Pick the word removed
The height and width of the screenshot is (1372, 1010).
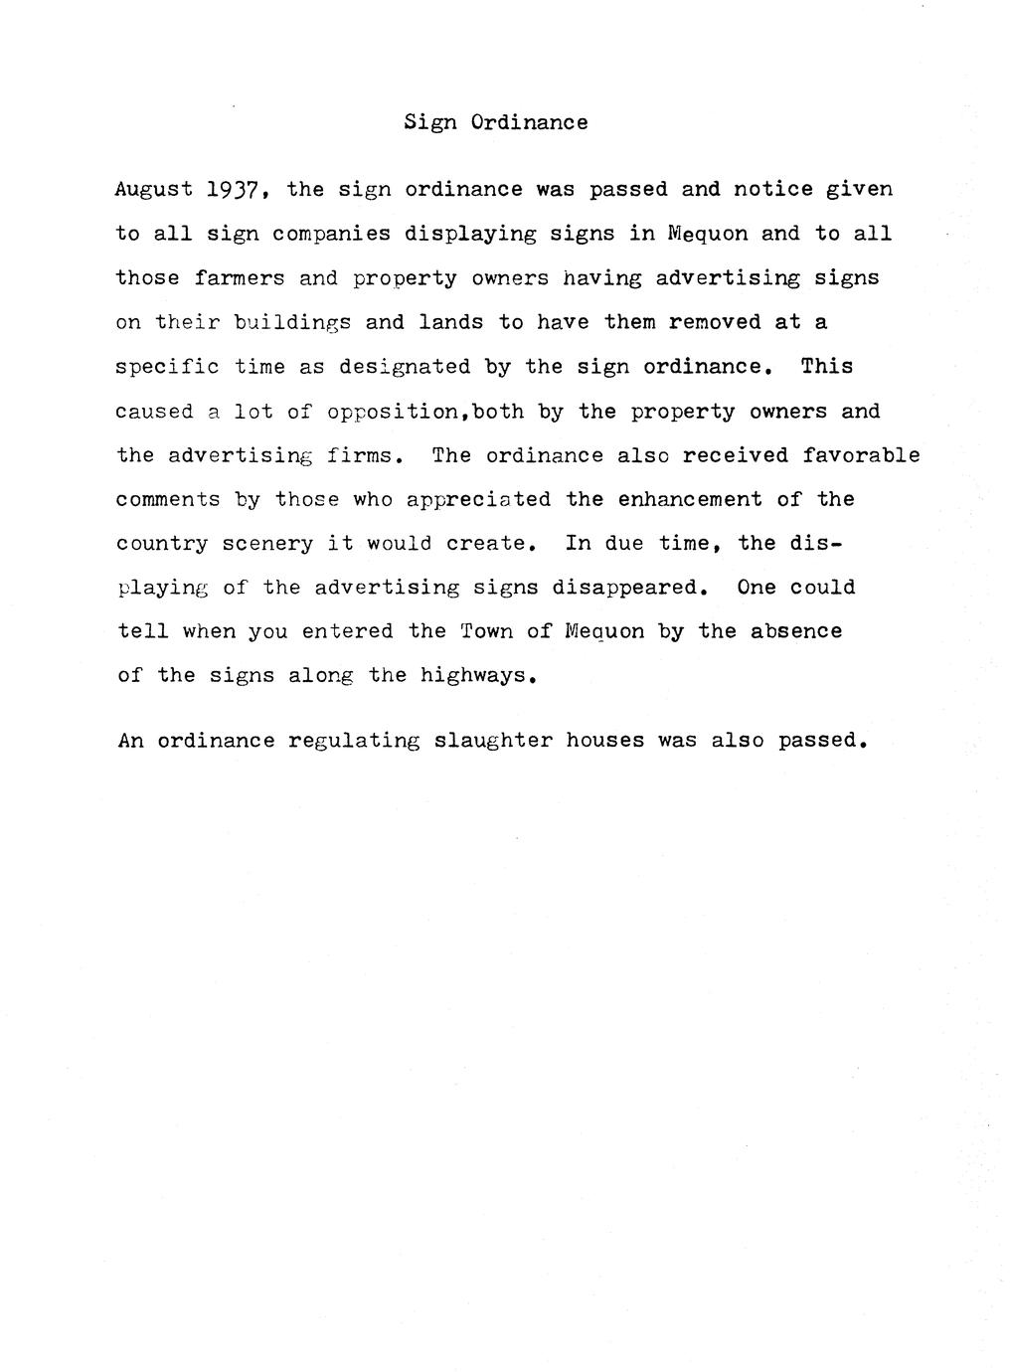(x=715, y=322)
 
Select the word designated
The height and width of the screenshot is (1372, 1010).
(x=405, y=367)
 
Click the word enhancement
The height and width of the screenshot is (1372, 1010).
(x=690, y=499)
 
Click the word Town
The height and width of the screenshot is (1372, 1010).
(x=486, y=631)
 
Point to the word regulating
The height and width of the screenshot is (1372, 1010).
(x=354, y=742)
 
